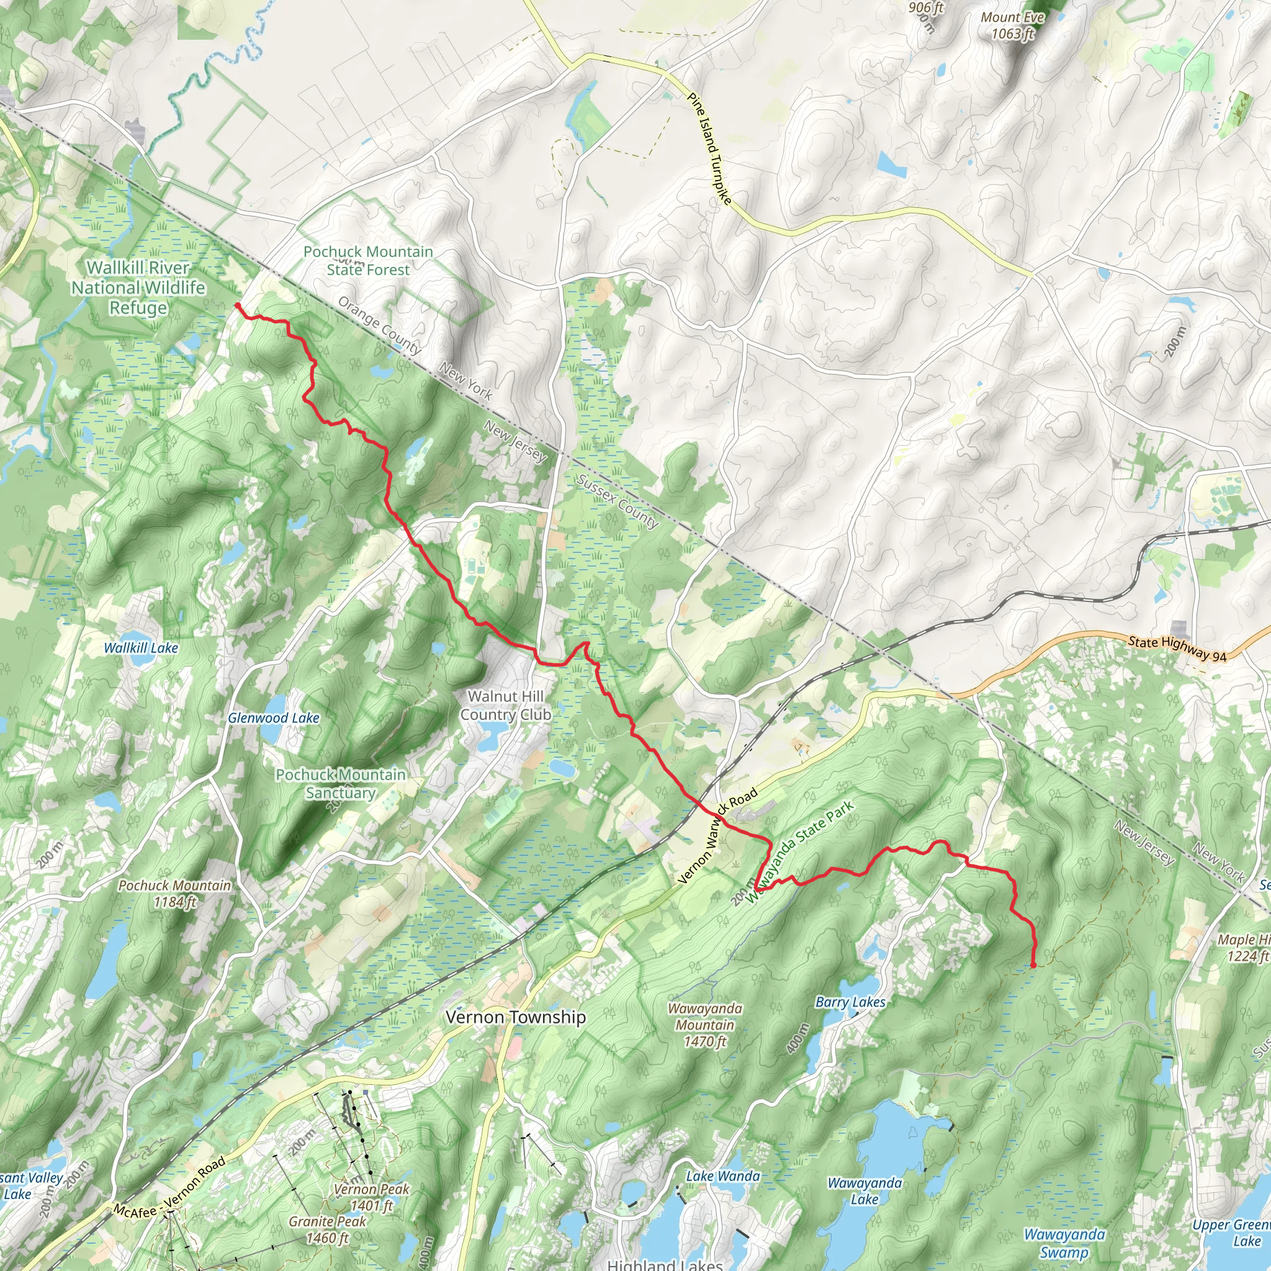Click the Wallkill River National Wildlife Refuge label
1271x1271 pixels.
pos(138,287)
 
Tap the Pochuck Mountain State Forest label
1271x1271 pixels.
pos(368,261)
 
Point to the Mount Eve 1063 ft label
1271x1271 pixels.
pos(1012,25)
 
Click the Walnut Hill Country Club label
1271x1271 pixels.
pos(505,705)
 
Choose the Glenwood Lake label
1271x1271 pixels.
pos(273,718)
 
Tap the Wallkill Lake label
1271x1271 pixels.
pos(141,648)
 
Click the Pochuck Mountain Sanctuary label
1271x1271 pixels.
pos(340,784)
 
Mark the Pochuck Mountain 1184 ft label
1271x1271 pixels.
pos(174,894)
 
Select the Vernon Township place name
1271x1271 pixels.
pos(515,1017)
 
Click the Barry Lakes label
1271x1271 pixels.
pos(850,1002)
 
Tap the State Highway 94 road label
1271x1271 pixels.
pos(1177,648)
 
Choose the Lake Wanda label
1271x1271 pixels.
pos(722,1175)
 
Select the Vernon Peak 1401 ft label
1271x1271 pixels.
pos(371,1197)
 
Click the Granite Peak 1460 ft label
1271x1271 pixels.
pos(327,1229)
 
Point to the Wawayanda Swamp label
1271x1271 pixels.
pos(1064,1242)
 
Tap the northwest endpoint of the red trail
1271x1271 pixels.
pos(236,305)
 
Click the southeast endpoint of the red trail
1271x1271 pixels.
pos(1033,966)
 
